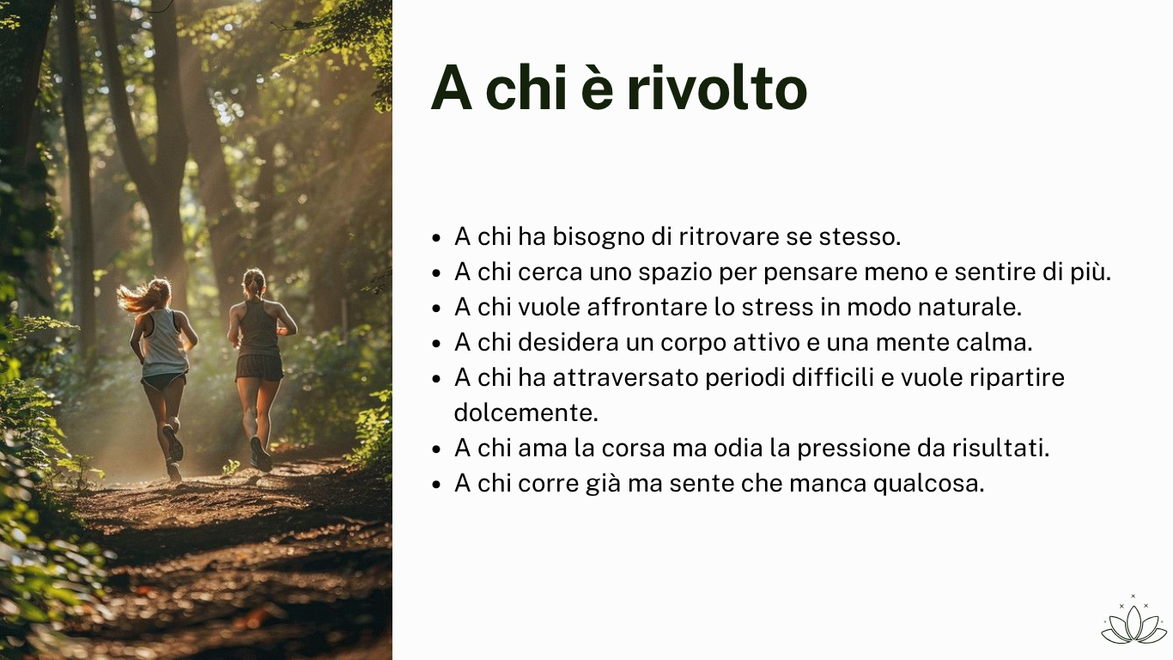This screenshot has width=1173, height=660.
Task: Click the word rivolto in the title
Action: [717, 88]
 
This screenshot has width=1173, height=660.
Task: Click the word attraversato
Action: [625, 377]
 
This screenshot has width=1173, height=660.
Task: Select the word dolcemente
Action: [526, 412]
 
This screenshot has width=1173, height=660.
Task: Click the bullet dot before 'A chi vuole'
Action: [436, 309]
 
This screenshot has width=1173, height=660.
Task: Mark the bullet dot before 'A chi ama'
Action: [436, 449]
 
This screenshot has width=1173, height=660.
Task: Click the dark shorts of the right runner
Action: [259, 367]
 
